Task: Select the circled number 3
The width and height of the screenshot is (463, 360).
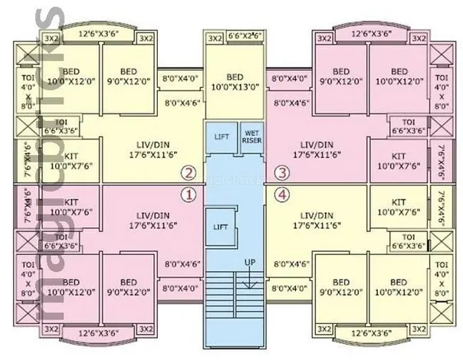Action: click(x=282, y=172)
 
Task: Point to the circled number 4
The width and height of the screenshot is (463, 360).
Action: click(x=282, y=195)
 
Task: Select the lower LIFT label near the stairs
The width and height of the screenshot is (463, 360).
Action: click(x=221, y=227)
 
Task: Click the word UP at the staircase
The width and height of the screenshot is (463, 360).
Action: click(x=250, y=263)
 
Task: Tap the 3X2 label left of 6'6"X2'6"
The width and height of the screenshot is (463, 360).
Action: click(x=214, y=38)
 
